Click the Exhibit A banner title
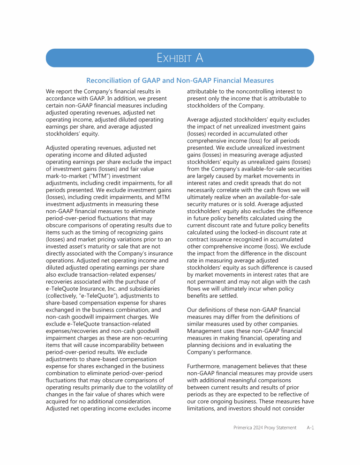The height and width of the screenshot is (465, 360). tap(180, 58)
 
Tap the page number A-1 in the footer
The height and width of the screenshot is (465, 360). tap(310, 428)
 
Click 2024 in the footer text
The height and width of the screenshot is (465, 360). tap(260, 428)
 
